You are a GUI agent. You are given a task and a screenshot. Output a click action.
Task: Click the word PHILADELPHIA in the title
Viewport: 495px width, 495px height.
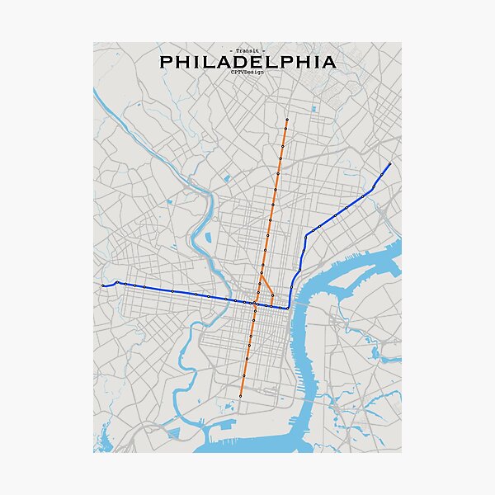[x=247, y=62]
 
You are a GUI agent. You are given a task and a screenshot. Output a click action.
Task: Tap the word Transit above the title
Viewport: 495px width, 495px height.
[x=247, y=51]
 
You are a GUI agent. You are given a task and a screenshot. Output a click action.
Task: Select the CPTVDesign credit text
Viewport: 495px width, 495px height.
[x=247, y=73]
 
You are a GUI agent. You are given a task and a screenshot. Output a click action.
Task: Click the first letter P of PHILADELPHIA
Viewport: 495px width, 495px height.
[x=165, y=62]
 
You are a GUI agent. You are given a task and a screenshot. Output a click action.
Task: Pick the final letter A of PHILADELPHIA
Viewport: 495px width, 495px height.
[x=329, y=62]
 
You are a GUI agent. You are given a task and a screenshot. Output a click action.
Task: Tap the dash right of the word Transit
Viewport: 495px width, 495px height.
[x=265, y=51]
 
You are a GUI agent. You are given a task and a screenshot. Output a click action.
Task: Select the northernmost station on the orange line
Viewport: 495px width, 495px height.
[x=287, y=120]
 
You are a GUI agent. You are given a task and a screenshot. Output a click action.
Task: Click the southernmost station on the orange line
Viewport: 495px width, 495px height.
[x=241, y=396]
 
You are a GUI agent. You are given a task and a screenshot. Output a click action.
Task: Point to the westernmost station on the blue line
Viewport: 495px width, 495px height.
[x=103, y=285]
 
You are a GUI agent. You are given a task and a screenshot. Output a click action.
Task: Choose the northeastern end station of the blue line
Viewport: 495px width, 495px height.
[x=389, y=164]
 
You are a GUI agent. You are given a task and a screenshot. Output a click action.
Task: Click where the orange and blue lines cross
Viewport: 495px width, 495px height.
[x=255, y=304]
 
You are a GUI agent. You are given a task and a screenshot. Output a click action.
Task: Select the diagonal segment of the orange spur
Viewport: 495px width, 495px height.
[x=266, y=286]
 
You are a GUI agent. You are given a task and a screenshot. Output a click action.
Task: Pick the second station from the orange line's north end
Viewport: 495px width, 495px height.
[x=285, y=130]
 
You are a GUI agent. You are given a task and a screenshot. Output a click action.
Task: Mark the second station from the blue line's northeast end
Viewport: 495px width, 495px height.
[x=373, y=188]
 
